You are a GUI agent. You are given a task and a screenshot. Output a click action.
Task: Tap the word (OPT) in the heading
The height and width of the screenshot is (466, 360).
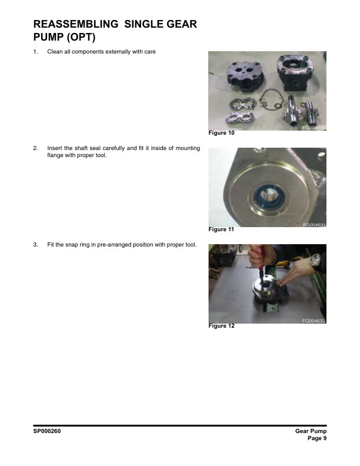[x=81, y=38]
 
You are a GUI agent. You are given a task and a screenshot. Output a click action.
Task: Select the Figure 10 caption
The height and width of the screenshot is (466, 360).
[x=221, y=133]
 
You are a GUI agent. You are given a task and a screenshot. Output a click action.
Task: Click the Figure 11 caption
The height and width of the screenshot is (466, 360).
[x=221, y=229]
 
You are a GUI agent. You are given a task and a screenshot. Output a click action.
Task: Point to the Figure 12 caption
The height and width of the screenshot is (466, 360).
[x=221, y=326]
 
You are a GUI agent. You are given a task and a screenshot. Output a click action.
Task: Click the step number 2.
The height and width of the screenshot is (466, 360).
[x=35, y=148]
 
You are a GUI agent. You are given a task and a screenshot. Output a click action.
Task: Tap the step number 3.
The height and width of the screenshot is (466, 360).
[x=35, y=245]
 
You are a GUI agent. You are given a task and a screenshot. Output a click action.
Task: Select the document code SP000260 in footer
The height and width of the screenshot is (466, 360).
[x=47, y=431]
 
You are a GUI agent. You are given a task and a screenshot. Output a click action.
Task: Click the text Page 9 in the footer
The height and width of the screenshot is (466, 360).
[x=317, y=438]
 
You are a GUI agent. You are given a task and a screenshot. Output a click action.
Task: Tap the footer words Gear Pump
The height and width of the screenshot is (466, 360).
[x=311, y=431]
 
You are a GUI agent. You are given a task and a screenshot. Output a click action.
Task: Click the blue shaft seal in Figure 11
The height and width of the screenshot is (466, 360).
[x=266, y=197]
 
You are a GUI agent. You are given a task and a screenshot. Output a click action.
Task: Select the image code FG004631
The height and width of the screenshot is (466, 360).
[x=314, y=225]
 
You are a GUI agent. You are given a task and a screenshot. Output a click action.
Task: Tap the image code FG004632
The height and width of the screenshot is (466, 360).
[x=314, y=321]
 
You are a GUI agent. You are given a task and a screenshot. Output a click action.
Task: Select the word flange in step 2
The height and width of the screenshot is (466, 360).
[x=55, y=155]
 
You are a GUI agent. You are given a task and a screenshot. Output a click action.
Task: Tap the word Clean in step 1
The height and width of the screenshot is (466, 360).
[x=55, y=52]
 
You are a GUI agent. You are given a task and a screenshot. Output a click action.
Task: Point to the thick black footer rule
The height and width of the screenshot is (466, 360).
[x=180, y=425]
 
